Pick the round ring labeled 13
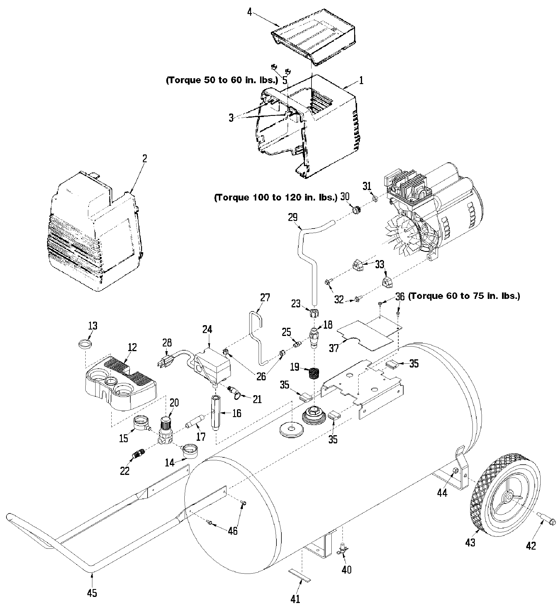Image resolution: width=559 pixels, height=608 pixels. point(85,343)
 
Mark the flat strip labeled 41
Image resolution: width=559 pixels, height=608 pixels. point(300,575)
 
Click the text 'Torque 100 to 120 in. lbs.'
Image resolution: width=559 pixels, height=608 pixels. point(276,198)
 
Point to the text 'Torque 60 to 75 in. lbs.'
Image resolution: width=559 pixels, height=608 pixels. point(464,296)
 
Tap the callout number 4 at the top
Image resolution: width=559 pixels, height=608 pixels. point(250,13)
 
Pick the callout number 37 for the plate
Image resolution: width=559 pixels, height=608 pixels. point(334,348)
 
